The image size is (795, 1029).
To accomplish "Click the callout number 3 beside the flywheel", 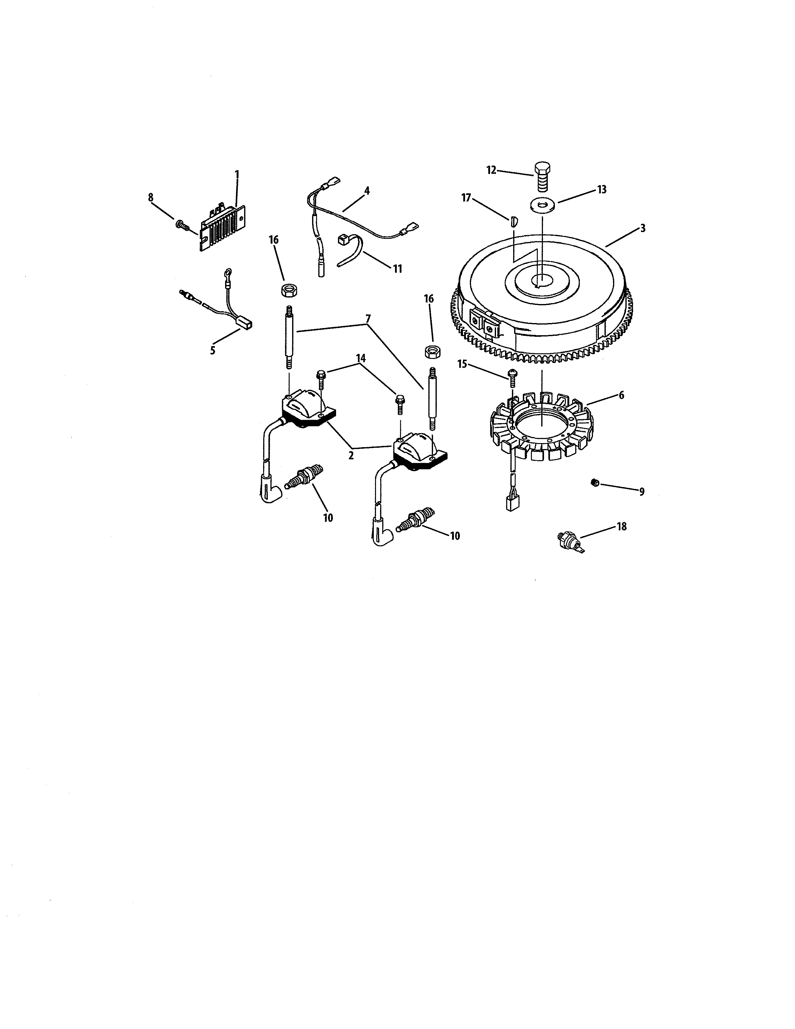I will pos(643,229).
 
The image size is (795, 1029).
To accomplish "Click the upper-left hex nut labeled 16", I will pos(289,290).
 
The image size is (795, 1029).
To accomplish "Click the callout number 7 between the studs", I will pos(368,318).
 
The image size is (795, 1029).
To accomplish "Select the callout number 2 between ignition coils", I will pos(351,456).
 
